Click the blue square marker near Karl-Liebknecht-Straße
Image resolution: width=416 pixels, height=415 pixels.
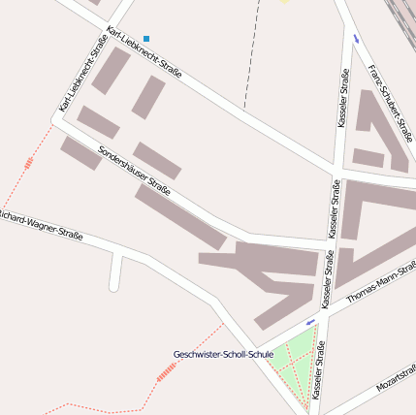click(146, 39)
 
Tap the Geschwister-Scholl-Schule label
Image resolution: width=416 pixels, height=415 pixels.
click(223, 355)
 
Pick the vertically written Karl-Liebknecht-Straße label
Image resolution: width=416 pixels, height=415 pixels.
click(81, 74)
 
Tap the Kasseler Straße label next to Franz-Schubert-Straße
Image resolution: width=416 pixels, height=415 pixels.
click(343, 98)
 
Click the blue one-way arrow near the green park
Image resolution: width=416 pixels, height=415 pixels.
click(310, 322)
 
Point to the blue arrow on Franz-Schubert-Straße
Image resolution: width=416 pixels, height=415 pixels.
click(357, 39)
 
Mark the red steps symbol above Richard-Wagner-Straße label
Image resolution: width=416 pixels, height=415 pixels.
click(28, 164)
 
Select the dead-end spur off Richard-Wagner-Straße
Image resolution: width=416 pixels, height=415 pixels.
click(115, 271)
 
